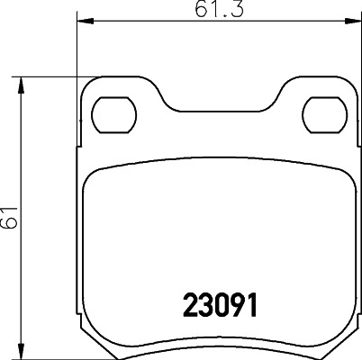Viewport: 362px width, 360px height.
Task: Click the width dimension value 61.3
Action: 209,10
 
